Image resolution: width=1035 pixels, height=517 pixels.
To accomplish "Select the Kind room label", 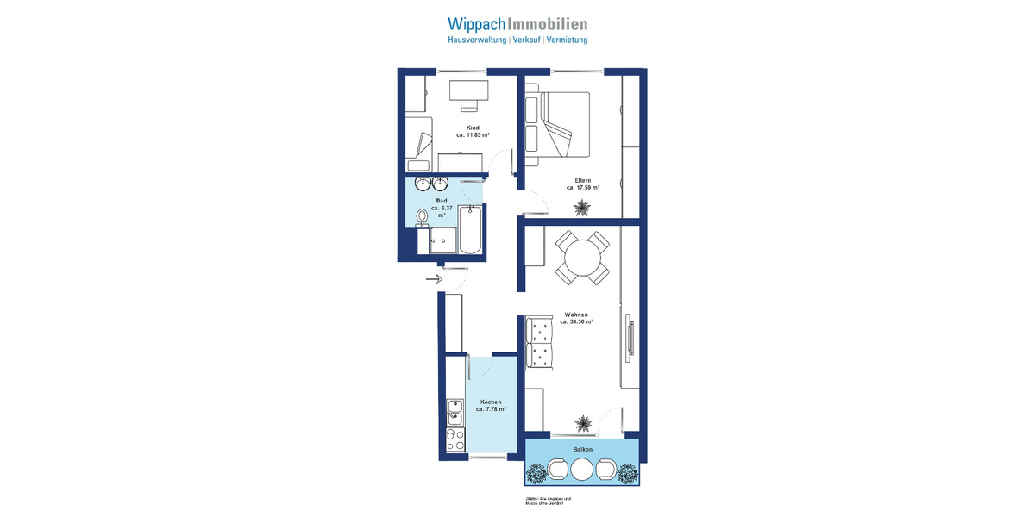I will (x=473, y=128).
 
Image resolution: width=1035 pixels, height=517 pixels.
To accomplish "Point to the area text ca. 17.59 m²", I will (x=583, y=187).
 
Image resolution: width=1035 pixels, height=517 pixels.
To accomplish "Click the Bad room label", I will (x=442, y=201).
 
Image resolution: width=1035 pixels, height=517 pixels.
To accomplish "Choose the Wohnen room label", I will (x=576, y=315).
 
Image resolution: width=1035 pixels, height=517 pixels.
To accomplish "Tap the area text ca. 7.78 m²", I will (x=490, y=409).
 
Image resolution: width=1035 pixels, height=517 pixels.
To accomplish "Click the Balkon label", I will (x=582, y=450).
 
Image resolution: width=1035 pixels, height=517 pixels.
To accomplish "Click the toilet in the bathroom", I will (x=423, y=216).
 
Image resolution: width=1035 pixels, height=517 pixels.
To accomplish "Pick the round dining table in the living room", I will (x=582, y=257).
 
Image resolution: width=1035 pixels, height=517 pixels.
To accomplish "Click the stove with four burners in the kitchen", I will (x=455, y=440).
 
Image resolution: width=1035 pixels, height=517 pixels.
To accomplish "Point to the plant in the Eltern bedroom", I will (x=583, y=207).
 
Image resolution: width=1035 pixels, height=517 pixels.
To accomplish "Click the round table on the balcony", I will (x=582, y=470).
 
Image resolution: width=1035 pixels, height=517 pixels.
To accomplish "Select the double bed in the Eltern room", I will (x=558, y=125).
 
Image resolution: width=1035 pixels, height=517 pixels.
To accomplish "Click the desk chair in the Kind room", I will (x=469, y=104).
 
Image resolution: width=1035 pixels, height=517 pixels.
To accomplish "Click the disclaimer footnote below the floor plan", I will (x=548, y=501).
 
